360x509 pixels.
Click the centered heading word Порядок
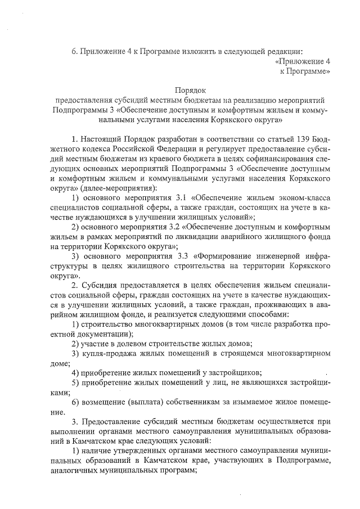click(x=191, y=89)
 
